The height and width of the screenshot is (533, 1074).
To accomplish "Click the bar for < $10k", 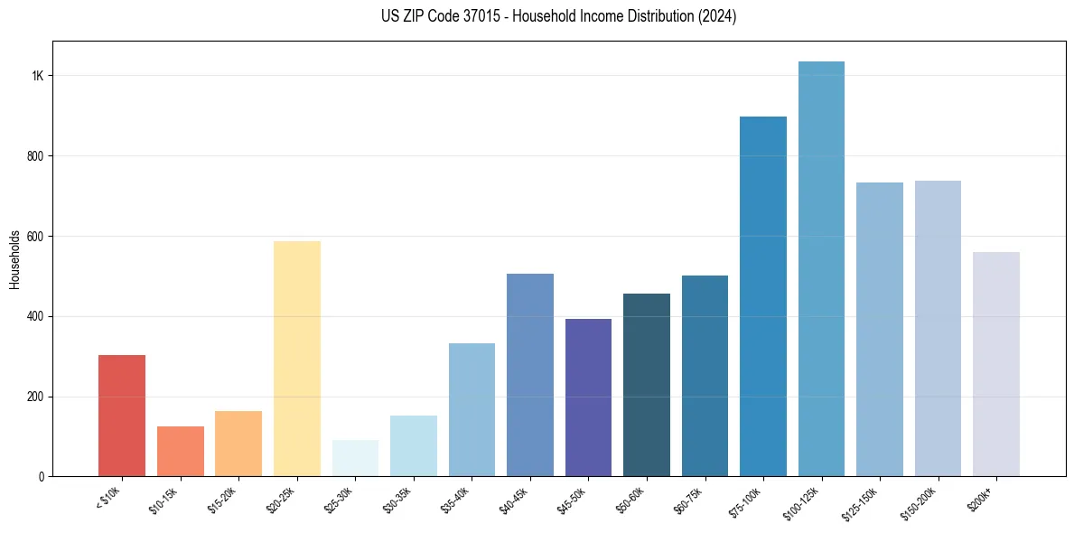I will (122, 416).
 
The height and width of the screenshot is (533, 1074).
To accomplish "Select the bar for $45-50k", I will (588, 397).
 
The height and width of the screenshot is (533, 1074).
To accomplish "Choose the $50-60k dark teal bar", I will (647, 385).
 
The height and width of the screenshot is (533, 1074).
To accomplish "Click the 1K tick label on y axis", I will (37, 76).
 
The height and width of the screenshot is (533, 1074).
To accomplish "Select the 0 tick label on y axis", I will (40, 477).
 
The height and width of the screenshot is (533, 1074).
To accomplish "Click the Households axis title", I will (14, 259).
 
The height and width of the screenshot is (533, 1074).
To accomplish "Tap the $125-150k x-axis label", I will (861, 502).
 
